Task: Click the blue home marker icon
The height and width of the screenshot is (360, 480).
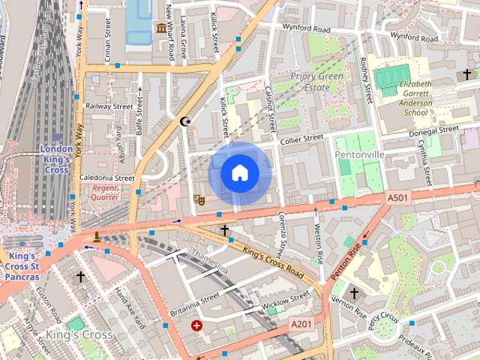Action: pos(239,173)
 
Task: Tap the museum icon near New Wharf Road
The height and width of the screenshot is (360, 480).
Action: pos(160,29)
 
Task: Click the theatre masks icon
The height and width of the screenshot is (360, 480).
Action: pos(199,199)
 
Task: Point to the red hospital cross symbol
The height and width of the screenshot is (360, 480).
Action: pos(196,325)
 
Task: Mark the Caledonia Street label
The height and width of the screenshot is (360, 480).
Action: pos(106,178)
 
